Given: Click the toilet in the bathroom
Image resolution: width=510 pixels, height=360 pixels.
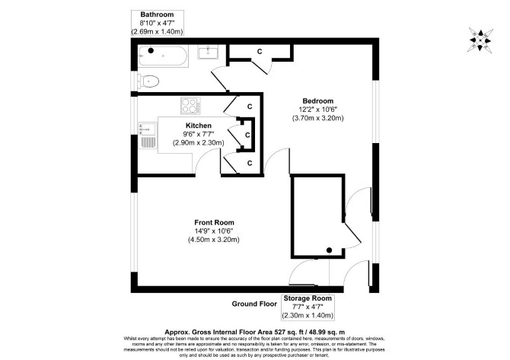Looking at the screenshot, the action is click(148, 81).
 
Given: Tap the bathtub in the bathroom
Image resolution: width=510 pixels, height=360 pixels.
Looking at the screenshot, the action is click(163, 56).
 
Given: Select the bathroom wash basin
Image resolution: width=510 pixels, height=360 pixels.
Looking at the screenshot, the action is click(208, 52).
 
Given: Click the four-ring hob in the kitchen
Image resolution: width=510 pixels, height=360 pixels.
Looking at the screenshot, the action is click(190, 106).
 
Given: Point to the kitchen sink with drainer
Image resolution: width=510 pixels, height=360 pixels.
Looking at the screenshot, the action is click(148, 135).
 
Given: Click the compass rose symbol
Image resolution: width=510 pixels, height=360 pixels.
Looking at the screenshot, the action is click(481, 40).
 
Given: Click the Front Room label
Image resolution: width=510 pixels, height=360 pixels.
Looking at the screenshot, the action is click(214, 222).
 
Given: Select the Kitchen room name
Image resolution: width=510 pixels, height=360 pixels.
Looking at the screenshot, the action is click(199, 126).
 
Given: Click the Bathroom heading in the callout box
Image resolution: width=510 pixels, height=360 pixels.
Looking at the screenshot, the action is click(157, 14).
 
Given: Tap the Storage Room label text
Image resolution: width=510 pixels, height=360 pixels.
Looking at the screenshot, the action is click(308, 298).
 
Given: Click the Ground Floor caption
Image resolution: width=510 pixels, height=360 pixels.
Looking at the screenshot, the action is click(254, 304).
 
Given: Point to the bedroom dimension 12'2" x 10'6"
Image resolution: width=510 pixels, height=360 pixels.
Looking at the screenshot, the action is click(317, 110).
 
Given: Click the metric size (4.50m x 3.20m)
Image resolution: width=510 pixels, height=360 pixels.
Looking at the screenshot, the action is click(214, 240).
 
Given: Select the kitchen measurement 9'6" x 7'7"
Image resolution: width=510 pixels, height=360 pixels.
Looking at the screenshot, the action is click(199, 134).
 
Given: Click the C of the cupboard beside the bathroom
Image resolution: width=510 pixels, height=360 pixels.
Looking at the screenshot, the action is click(260, 52).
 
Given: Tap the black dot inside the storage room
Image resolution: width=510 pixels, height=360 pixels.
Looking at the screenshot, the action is click(329, 250).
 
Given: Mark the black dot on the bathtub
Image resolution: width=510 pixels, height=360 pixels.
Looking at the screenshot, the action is click(151, 50).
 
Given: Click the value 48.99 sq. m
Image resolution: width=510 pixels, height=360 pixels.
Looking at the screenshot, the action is click(327, 332).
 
